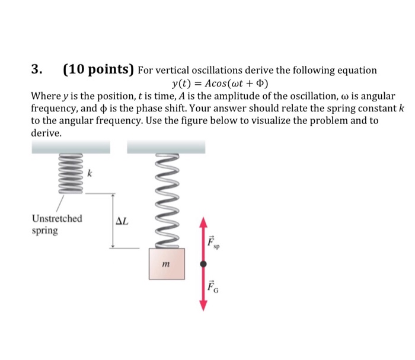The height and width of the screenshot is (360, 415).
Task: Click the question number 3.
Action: tap(36, 69)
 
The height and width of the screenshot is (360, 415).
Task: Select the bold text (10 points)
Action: tap(98, 69)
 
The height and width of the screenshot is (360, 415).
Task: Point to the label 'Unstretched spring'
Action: tap(57, 224)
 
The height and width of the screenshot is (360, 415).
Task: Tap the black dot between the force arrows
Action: tap(203, 263)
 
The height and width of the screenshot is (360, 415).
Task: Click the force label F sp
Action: tap(213, 242)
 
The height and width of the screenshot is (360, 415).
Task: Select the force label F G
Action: tap(213, 289)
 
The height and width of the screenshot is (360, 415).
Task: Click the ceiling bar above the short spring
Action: tap(71, 146)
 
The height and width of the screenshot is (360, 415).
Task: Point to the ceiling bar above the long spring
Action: tap(166, 146)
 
